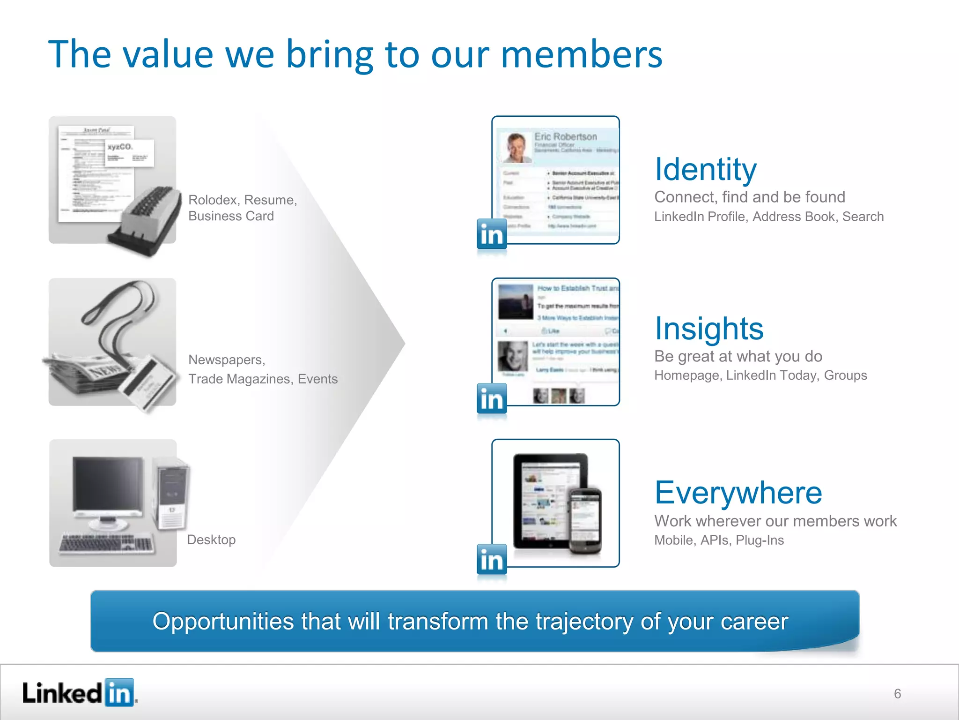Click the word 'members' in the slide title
pos(582,54)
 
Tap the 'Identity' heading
pos(705,169)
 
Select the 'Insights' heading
pos(709,329)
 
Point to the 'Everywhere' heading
pos(738,493)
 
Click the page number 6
pos(897,694)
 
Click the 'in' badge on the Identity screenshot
pos(492,234)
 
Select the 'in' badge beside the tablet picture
pos(492,559)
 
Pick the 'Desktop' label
pos(211,540)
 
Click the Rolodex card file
pos(145,220)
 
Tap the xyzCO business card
pos(129,153)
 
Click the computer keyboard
pos(106,544)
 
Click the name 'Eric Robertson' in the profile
pos(566,136)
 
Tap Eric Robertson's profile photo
pos(516,147)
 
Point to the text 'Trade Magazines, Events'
pos(263,379)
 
